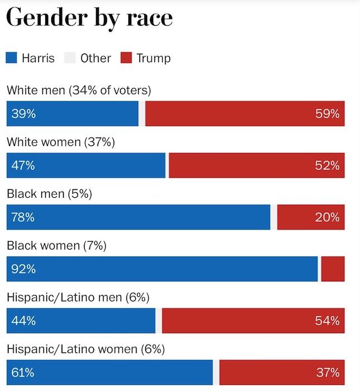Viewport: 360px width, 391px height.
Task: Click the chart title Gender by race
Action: [89, 18]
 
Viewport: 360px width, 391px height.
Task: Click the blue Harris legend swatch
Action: [12, 58]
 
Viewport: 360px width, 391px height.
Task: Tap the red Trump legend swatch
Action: [127, 58]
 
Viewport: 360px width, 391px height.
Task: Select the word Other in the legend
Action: [95, 58]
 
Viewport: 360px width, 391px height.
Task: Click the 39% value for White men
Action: [23, 114]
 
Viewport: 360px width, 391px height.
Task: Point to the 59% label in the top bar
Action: [327, 114]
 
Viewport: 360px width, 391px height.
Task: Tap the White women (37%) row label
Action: [61, 142]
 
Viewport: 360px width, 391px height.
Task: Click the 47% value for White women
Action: [23, 165]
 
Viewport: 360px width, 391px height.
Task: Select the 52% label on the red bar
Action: [327, 165]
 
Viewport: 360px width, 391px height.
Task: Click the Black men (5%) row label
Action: [49, 194]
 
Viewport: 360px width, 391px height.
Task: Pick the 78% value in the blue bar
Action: [23, 217]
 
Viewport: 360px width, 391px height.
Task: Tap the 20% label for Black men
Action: [327, 217]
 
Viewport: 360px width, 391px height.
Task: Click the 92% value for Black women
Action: [23, 269]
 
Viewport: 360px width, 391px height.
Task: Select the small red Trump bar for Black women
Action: [333, 269]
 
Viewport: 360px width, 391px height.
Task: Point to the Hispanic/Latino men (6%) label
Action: [78, 297]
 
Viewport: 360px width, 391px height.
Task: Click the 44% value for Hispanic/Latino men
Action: [23, 321]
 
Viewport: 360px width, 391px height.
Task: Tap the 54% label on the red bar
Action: [327, 321]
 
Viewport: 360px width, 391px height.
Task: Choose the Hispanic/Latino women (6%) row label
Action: [86, 349]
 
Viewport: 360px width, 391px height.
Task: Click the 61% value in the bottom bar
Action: [23, 373]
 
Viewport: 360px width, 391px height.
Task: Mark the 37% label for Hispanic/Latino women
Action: [327, 373]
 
